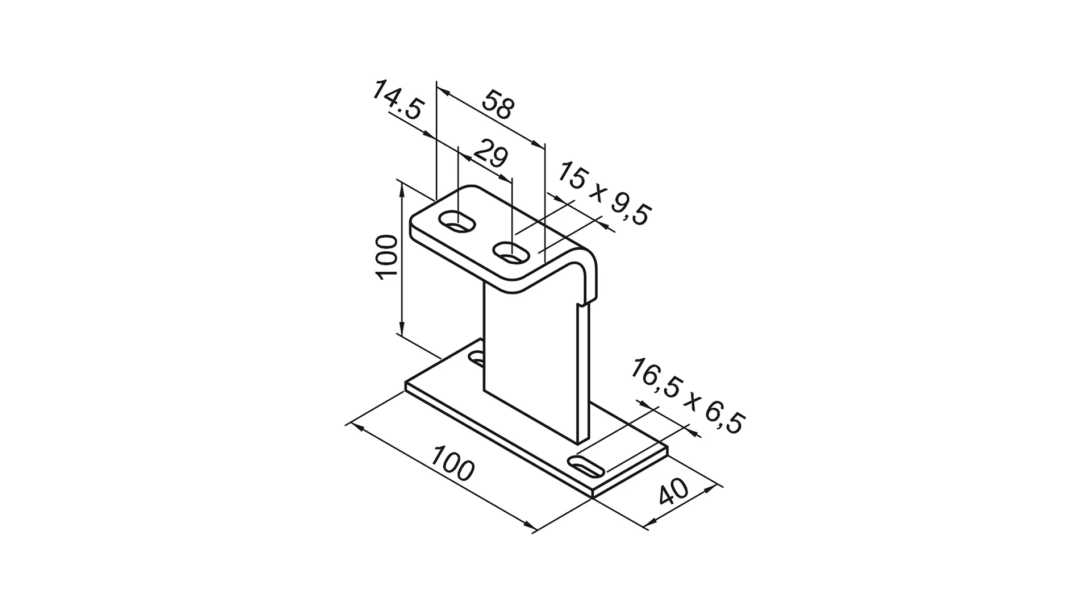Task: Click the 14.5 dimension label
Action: coord(397,101)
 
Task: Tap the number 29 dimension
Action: coord(490,154)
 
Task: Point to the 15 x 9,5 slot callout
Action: coord(603,193)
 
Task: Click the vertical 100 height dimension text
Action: coord(387,256)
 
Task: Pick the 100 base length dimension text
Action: coord(452,463)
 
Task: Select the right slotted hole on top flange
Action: coord(510,252)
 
